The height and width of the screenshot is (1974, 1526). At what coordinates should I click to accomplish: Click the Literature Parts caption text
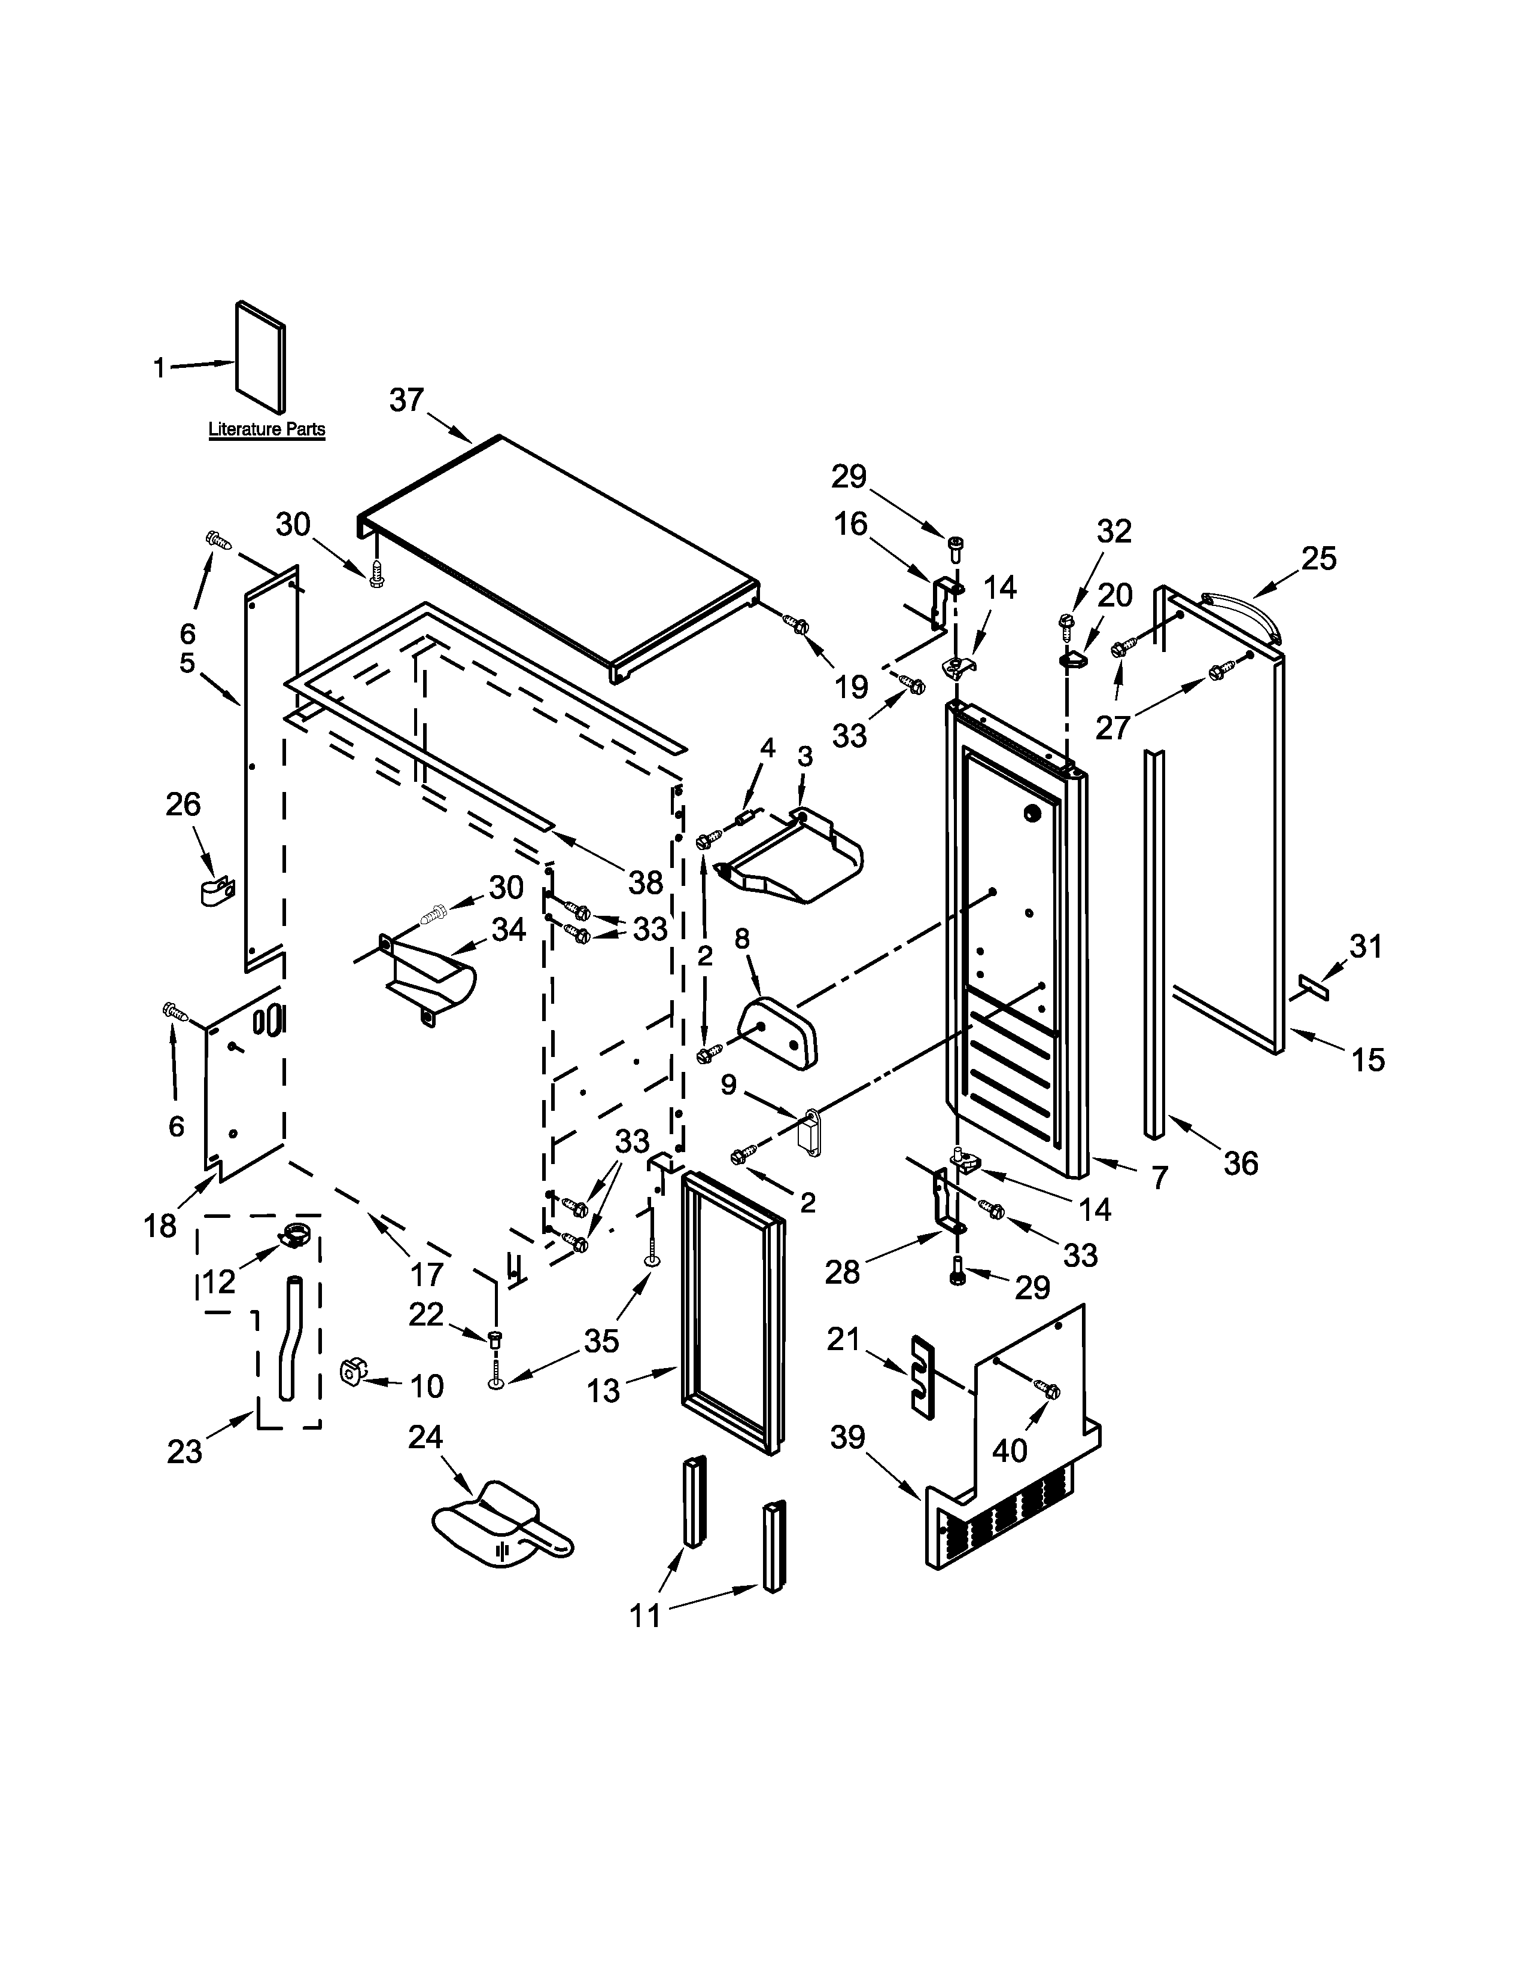coord(267,429)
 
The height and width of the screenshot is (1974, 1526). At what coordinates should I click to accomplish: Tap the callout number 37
coord(407,400)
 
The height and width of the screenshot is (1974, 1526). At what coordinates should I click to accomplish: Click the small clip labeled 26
coord(216,890)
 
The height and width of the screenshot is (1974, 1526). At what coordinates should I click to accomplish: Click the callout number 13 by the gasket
coord(603,1392)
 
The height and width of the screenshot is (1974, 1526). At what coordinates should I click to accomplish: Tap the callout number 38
coord(646,883)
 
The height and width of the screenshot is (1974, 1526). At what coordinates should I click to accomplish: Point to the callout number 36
coord(1241,1163)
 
